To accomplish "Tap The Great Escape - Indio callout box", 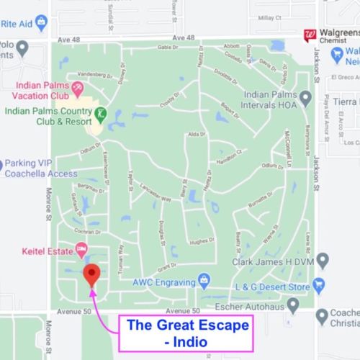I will coord(188,332).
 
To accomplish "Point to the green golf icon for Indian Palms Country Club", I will coord(99,113).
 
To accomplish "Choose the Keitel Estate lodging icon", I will coord(81,248).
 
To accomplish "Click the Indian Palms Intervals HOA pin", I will coord(305,97).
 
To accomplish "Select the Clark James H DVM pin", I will coord(323,260).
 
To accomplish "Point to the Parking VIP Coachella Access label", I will coord(40,168).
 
